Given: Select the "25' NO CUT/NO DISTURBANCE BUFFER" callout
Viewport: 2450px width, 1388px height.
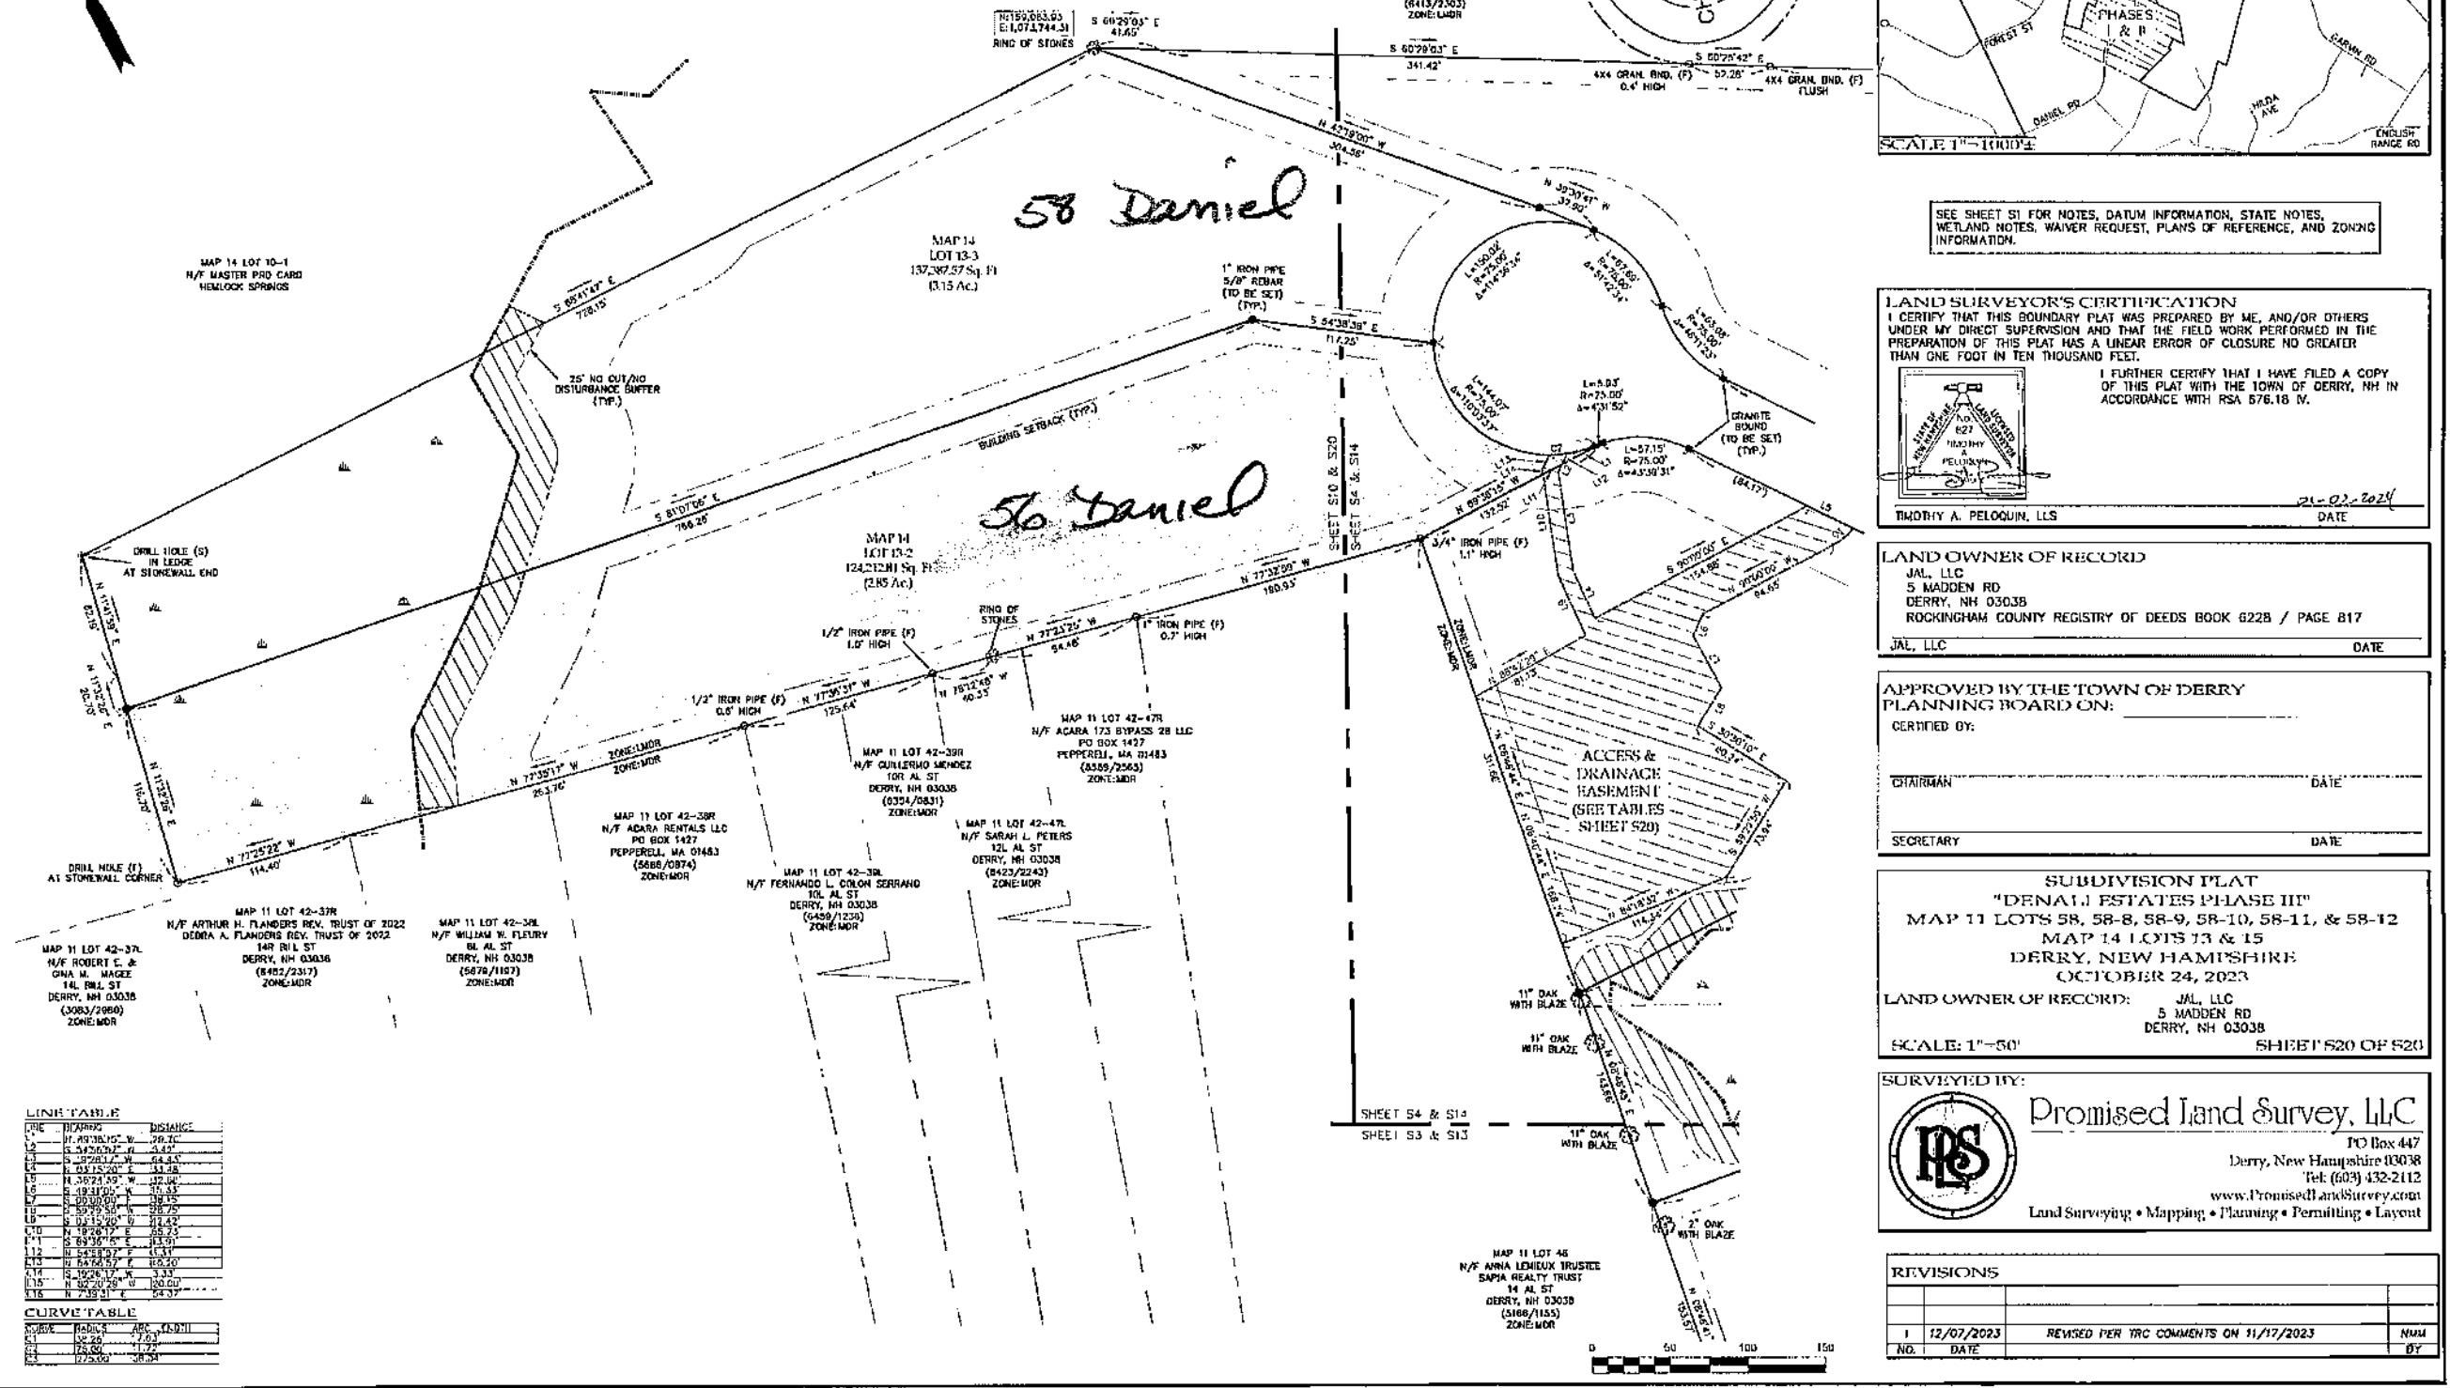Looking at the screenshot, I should [x=607, y=389].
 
